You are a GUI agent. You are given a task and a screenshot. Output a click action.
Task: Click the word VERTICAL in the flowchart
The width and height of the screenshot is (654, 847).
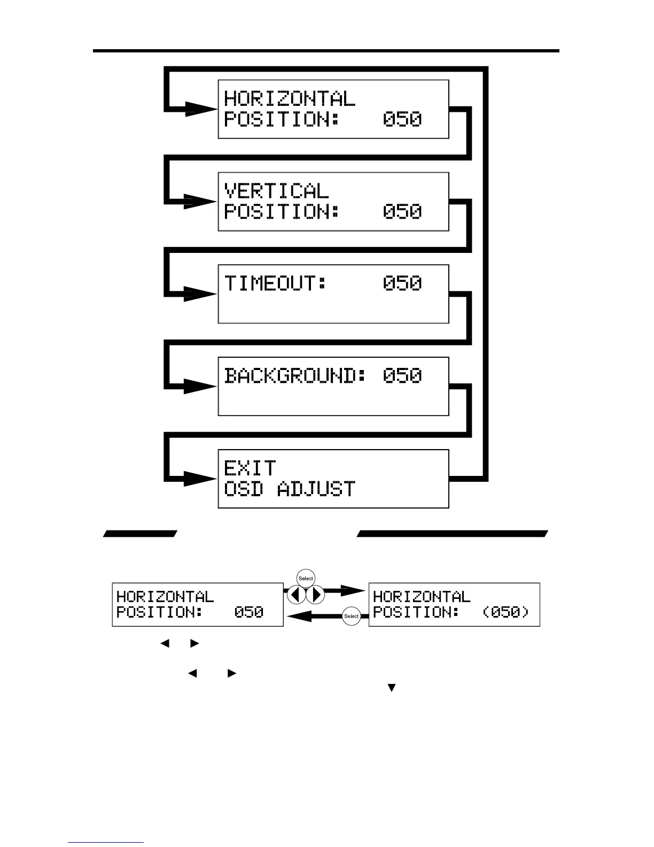click(x=276, y=191)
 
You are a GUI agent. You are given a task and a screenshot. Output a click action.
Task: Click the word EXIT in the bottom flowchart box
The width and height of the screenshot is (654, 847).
click(x=250, y=468)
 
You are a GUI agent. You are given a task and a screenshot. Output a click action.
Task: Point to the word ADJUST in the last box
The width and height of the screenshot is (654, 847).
click(x=316, y=489)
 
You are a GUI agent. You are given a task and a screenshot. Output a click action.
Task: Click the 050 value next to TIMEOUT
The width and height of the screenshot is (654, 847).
click(x=402, y=283)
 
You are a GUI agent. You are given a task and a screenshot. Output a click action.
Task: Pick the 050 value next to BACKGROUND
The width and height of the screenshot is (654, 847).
click(x=402, y=375)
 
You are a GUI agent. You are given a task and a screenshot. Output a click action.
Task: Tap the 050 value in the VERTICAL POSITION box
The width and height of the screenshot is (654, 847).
click(x=402, y=212)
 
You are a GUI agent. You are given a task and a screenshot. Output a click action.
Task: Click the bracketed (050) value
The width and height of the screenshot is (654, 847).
click(x=505, y=612)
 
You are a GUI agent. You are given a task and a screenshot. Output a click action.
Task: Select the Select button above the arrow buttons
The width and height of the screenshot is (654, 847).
click(x=306, y=579)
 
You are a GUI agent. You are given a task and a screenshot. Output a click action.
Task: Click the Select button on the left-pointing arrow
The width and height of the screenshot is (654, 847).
click(x=351, y=616)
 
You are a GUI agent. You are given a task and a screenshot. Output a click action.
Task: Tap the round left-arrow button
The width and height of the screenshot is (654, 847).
click(x=296, y=595)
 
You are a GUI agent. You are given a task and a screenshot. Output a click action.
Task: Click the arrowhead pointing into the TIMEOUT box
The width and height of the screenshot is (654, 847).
click(x=201, y=294)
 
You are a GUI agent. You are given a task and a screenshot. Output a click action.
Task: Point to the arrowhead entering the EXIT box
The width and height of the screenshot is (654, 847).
click(x=201, y=479)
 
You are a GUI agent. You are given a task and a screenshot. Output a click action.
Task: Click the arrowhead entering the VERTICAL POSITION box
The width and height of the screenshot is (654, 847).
click(x=201, y=202)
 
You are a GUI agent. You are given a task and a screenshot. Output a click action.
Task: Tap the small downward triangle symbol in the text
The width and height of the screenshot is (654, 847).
click(x=391, y=688)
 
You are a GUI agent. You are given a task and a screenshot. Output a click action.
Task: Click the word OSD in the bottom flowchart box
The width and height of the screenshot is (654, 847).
click(x=243, y=489)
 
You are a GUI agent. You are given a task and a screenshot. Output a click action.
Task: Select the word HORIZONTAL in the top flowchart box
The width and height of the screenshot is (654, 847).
click(x=289, y=98)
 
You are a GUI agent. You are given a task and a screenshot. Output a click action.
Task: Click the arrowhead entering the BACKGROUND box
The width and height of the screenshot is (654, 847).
click(x=201, y=386)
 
